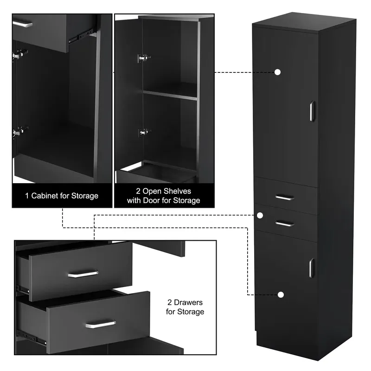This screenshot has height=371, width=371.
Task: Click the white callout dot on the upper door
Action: (277, 72)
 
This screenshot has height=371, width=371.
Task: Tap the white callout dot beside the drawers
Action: (260, 215)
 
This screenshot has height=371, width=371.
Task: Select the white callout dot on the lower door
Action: (281, 295)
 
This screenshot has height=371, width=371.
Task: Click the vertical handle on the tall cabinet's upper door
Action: (312, 111)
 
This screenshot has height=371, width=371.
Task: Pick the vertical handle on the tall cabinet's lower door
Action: (312, 268)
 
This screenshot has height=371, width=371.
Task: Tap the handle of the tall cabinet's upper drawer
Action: (285, 198)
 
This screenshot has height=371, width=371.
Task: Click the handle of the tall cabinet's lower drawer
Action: (285, 224)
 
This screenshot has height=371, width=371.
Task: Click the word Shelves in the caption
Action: (177, 191)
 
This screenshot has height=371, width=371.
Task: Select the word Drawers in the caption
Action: (188, 302)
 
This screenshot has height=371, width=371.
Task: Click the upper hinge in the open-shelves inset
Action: (144, 58)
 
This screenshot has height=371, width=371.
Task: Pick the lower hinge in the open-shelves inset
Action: (144, 132)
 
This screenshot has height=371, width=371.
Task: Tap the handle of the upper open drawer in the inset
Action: (83, 274)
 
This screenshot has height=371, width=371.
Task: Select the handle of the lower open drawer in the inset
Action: (101, 324)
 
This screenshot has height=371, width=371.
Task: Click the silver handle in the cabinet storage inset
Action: (22, 24)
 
